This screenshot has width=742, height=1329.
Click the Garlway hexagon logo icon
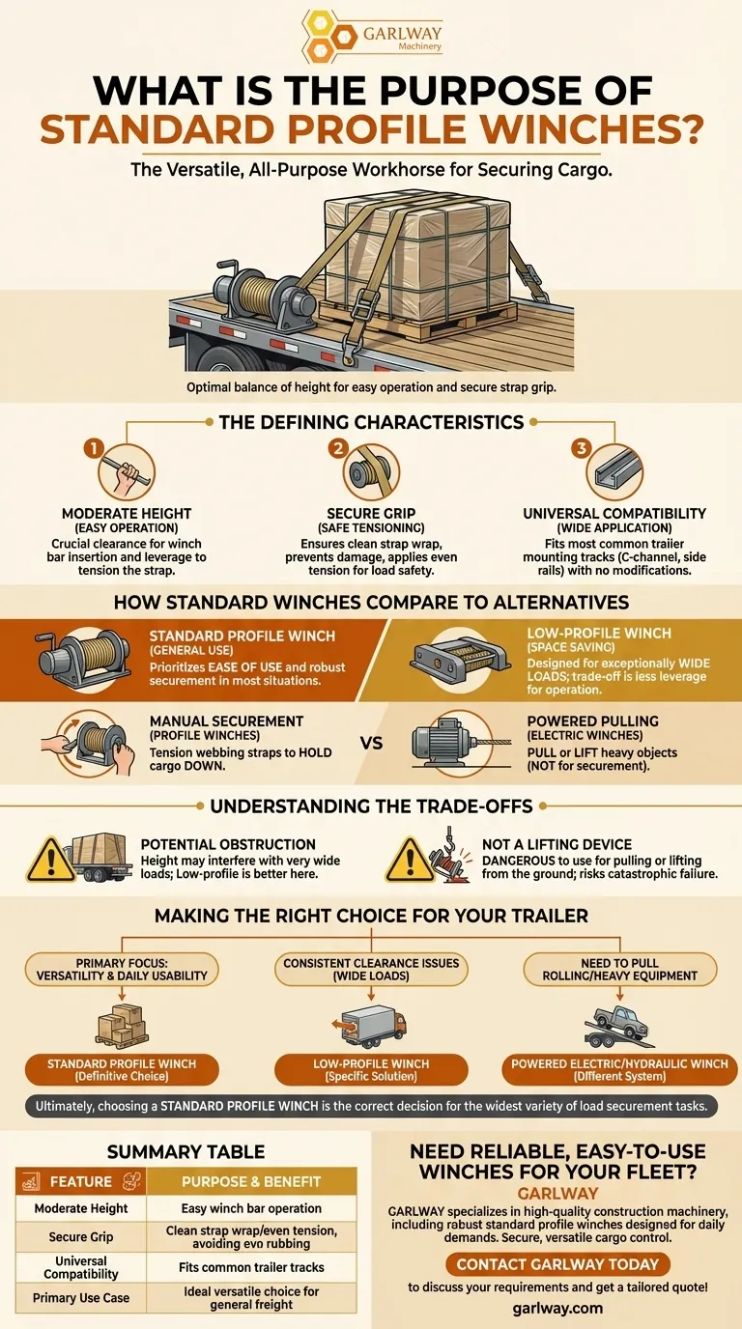coord(328,36)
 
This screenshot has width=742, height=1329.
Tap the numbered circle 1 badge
coord(94,448)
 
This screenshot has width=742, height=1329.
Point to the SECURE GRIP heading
coord(371,513)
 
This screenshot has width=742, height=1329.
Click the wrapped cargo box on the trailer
coord(418,256)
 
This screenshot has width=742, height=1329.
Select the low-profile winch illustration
coord(461,659)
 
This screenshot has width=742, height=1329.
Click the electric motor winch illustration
coord(453,742)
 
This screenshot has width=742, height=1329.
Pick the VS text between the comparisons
coord(371,743)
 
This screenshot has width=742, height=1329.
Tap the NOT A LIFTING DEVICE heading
coord(556,844)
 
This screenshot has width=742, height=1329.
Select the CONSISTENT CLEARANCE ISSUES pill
coord(371,970)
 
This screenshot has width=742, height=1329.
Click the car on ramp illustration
coord(619,1026)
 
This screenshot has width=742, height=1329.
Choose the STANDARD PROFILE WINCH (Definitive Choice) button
coord(122,1070)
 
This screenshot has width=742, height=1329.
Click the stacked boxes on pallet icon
coord(122,1026)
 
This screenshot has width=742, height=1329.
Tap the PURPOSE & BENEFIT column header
coord(251,1181)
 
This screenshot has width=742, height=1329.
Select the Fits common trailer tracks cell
coord(251,1267)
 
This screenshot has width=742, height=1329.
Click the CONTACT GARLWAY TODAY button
coord(557,1264)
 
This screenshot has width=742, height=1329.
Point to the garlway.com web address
coord(557,1308)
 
